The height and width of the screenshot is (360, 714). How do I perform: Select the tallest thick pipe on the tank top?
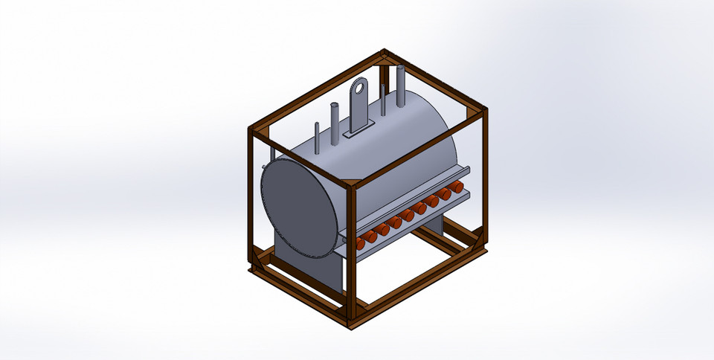(x=401, y=86)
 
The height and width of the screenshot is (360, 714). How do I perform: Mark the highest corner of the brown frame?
(x=384, y=54)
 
